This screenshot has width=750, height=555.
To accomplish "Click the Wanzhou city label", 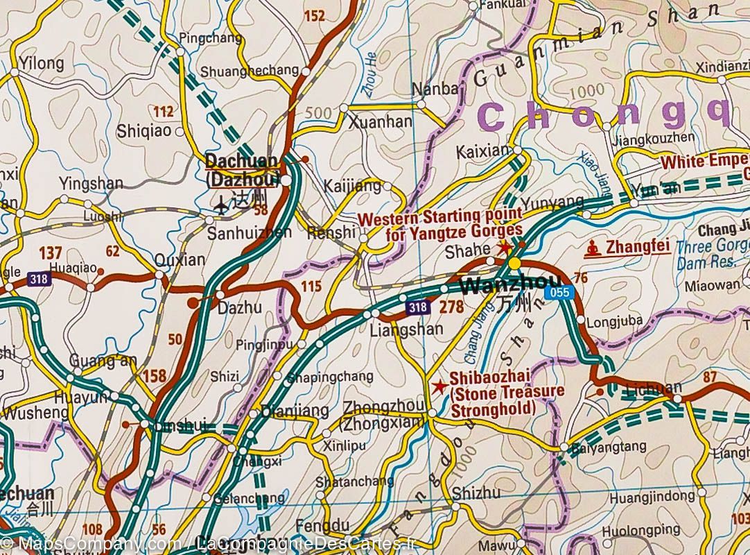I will (x=500, y=285).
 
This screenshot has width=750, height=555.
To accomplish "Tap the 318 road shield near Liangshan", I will (x=417, y=306).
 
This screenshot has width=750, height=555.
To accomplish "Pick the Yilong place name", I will (x=42, y=64).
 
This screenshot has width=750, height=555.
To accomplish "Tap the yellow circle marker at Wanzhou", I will (x=514, y=264).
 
